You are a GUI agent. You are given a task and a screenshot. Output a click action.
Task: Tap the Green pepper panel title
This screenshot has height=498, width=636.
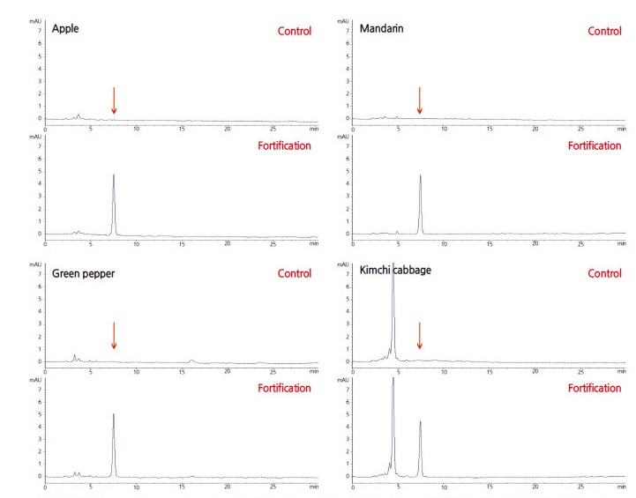pos(84,273)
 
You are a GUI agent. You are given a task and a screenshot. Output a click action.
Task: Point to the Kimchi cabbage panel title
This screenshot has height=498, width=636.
pos(395,271)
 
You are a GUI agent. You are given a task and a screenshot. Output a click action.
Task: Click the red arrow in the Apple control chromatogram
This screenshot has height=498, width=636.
pos(114,100)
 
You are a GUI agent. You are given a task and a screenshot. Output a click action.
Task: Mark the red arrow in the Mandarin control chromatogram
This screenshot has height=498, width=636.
pos(420,100)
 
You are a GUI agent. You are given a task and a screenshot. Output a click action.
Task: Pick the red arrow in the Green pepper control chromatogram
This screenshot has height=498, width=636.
pos(114,336)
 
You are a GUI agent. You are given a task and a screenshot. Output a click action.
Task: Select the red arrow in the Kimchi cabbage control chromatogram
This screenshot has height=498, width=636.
pos(420,336)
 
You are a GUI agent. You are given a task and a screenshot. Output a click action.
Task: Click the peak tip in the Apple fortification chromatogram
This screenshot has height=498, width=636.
pos(114,175)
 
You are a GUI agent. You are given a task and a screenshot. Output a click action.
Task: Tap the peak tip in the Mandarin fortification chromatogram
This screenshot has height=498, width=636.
pos(421,175)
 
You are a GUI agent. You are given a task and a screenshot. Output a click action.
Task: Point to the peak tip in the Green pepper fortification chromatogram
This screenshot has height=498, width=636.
pos(114,413)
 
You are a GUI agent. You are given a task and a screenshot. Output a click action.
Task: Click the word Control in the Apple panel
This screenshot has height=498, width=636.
pos(294,32)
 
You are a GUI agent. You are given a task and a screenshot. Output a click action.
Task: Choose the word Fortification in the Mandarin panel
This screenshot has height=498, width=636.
pos(595,145)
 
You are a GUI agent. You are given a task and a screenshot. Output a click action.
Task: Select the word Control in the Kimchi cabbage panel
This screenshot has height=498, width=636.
pos(604,273)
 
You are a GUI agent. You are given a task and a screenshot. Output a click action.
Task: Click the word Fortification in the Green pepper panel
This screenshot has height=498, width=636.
pos(284,388)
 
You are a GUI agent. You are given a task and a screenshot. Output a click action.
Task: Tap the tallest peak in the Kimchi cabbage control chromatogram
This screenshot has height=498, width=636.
pos(393,264)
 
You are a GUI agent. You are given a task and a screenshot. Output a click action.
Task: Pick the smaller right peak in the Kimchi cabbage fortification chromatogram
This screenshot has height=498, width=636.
pos(421,421)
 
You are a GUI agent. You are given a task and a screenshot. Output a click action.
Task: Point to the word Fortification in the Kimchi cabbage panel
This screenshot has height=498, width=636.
pos(595,388)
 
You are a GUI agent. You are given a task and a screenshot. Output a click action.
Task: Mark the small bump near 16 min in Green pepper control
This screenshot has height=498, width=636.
pos(191,360)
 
